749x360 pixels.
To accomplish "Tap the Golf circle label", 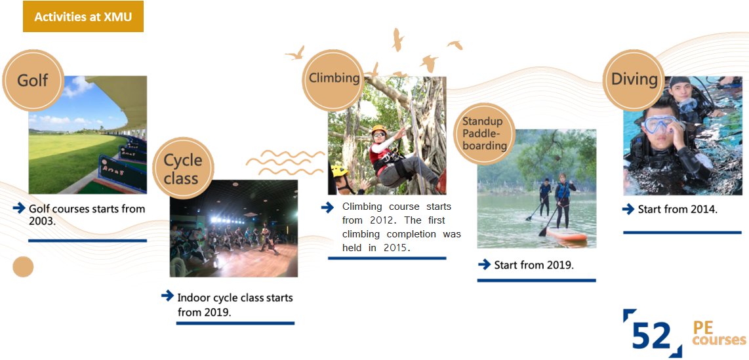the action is click(33, 80).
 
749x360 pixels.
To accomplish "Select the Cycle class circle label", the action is click(182, 168).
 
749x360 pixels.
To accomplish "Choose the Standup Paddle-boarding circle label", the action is click(485, 133).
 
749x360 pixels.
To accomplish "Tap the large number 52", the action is click(653, 336).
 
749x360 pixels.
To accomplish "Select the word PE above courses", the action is click(702, 328).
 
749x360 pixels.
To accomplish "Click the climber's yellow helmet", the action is click(379, 129).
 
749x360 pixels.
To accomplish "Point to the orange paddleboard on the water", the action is click(567, 234).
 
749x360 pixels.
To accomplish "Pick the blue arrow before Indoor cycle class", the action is click(168, 296).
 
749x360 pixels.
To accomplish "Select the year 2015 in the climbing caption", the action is click(397, 248).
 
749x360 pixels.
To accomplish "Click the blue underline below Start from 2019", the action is click(536, 280).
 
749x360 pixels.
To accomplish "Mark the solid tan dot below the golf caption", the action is click(23, 266).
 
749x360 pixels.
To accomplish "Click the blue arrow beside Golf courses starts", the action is click(19, 208).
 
